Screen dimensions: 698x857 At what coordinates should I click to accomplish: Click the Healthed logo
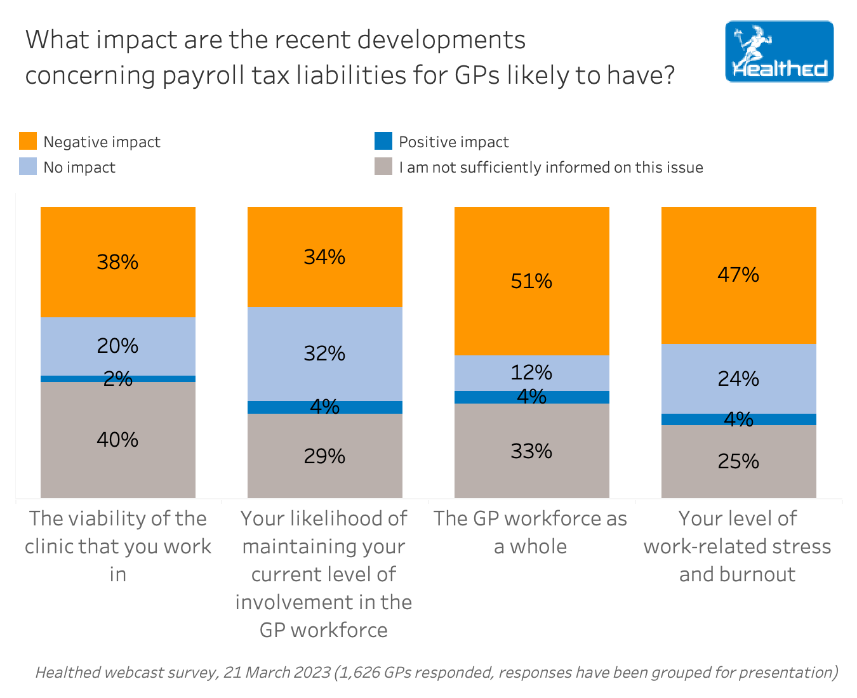(779, 51)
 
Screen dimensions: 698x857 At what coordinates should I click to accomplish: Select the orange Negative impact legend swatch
(28, 141)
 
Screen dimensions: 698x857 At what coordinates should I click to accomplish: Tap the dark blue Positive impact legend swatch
(383, 141)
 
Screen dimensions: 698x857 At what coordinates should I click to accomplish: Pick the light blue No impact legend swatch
(28, 166)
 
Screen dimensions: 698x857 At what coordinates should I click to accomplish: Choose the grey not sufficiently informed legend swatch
(383, 166)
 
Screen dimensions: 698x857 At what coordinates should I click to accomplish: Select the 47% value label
(738, 275)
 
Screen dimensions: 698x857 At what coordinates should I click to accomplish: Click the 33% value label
(531, 451)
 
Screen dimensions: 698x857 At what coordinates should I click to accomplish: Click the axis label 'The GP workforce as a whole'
(531, 532)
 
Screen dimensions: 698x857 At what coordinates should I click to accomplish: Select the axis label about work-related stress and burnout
(738, 546)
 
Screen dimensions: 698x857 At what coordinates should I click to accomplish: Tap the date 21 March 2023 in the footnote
(277, 672)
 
